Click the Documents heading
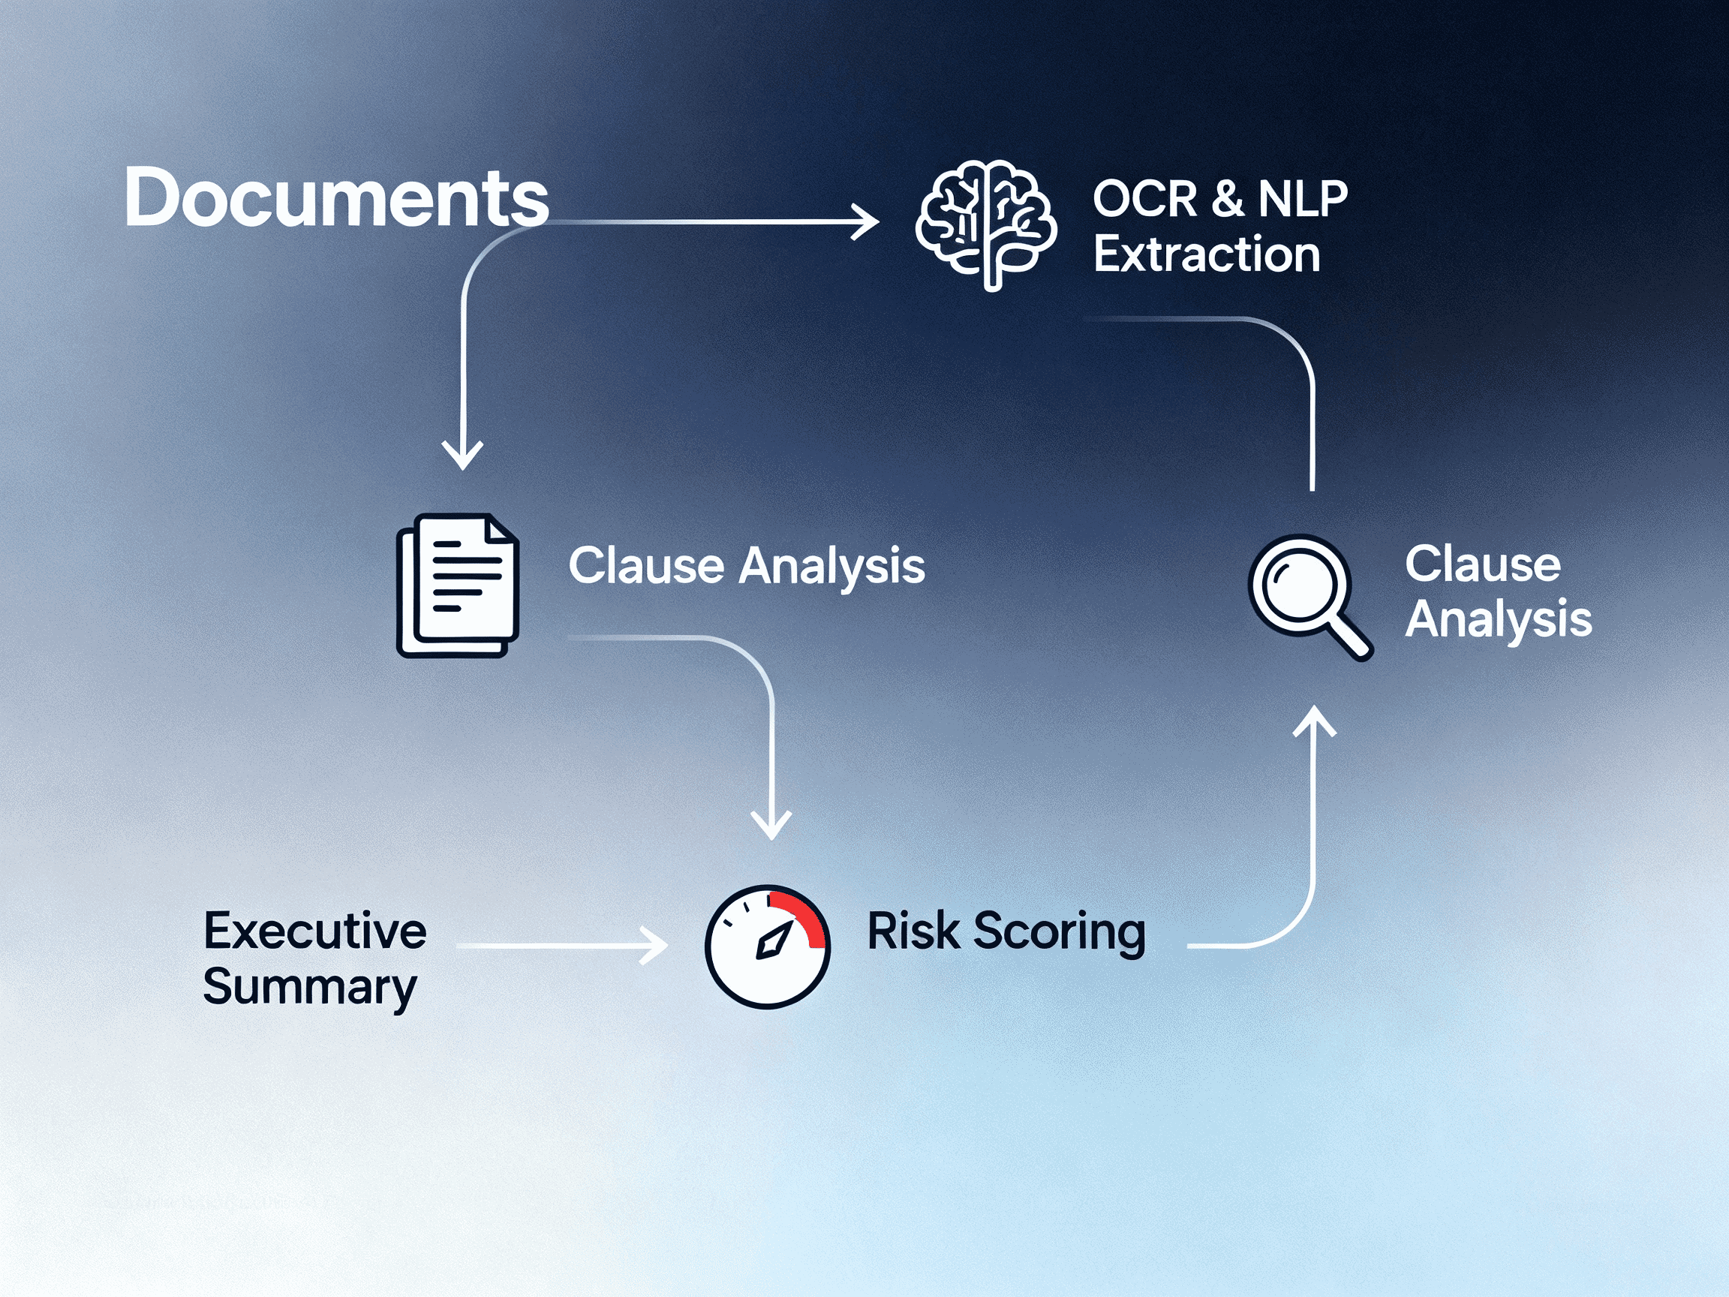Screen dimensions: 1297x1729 pos(336,198)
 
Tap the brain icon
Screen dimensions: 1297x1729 pos(985,224)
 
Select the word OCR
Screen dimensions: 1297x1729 pos(1144,199)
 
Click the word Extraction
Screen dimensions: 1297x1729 pos(1206,254)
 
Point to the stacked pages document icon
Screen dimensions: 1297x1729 pos(458,585)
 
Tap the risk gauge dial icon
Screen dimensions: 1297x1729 pos(768,946)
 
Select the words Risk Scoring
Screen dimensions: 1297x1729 pos(1006,931)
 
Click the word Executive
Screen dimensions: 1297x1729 pos(315,931)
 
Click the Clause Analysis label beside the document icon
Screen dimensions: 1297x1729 pos(747,565)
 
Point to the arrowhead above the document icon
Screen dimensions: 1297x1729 pos(463,456)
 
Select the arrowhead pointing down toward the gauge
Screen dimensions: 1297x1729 pos(771,826)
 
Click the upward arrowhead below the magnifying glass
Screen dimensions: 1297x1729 pos(1314,719)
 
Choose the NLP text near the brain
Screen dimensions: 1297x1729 pos(1303,199)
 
